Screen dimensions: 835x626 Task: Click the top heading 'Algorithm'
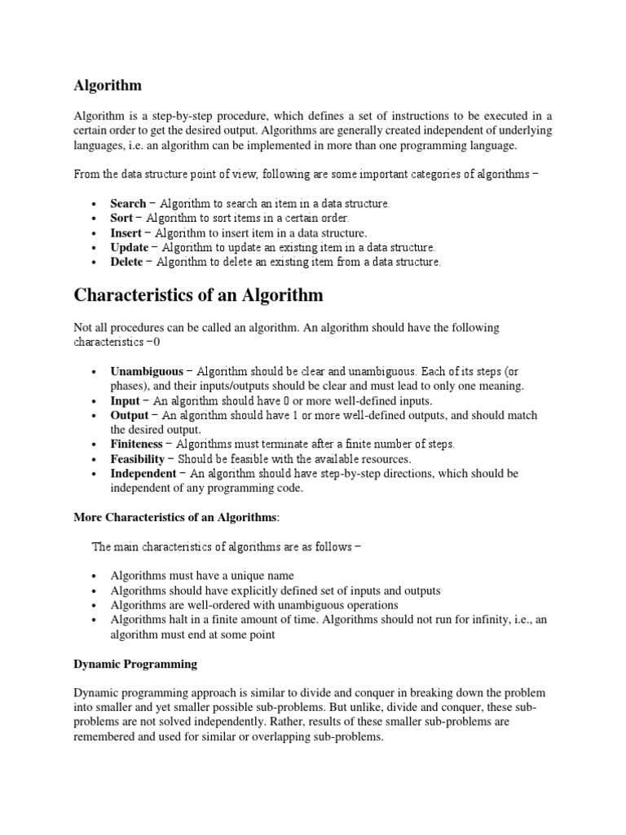(x=108, y=85)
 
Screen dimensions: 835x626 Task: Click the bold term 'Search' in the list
(x=128, y=203)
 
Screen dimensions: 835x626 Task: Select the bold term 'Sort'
(x=121, y=218)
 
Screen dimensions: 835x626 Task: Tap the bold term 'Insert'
(x=126, y=232)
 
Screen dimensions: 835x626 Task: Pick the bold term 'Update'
(x=130, y=247)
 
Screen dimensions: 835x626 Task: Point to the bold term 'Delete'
(x=127, y=262)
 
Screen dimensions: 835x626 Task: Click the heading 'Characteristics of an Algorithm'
(x=198, y=294)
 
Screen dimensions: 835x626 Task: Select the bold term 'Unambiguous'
(x=147, y=371)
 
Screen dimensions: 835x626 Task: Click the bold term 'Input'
(x=126, y=400)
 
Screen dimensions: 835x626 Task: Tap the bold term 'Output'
(x=130, y=415)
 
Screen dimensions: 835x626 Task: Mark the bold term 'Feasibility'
(x=138, y=459)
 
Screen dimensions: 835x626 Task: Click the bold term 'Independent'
(x=143, y=474)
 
